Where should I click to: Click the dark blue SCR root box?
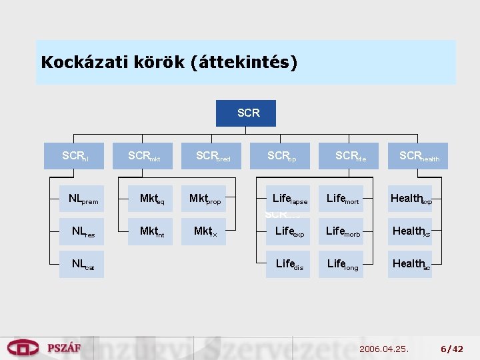pos(245,113)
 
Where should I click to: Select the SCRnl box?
pos(73,156)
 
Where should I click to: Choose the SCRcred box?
pos(212,156)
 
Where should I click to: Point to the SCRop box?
pos(280,156)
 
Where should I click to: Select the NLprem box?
pos(81,199)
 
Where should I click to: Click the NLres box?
pos(81,231)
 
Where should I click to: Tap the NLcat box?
pos(81,264)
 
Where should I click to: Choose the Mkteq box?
pos(150,199)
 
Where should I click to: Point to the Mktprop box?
pos(204,199)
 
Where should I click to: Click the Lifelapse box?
pos(289,199)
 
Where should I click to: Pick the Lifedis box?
pos(289,264)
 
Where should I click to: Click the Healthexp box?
pos(410,199)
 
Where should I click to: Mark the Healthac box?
pos(410,264)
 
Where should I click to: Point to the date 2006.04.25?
pos(383,349)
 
